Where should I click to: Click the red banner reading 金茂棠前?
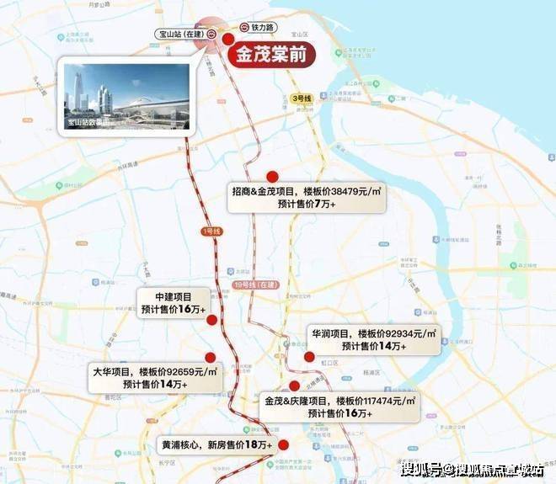pyautogui.click(x=270, y=56)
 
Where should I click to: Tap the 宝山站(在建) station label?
pyautogui.click(x=181, y=35)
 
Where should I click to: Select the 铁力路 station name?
pyautogui.click(x=265, y=27)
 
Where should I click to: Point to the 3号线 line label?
pyautogui.click(x=302, y=98)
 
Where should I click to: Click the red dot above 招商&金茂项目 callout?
pyautogui.click(x=272, y=176)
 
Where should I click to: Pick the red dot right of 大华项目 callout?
pyautogui.click(x=210, y=358)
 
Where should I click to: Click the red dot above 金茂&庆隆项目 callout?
pyautogui.click(x=294, y=386)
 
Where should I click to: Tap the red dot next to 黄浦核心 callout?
pyautogui.click(x=284, y=444)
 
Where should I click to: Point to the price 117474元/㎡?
pyautogui.click(x=384, y=401)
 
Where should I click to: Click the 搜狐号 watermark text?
pyautogui.click(x=419, y=469)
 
